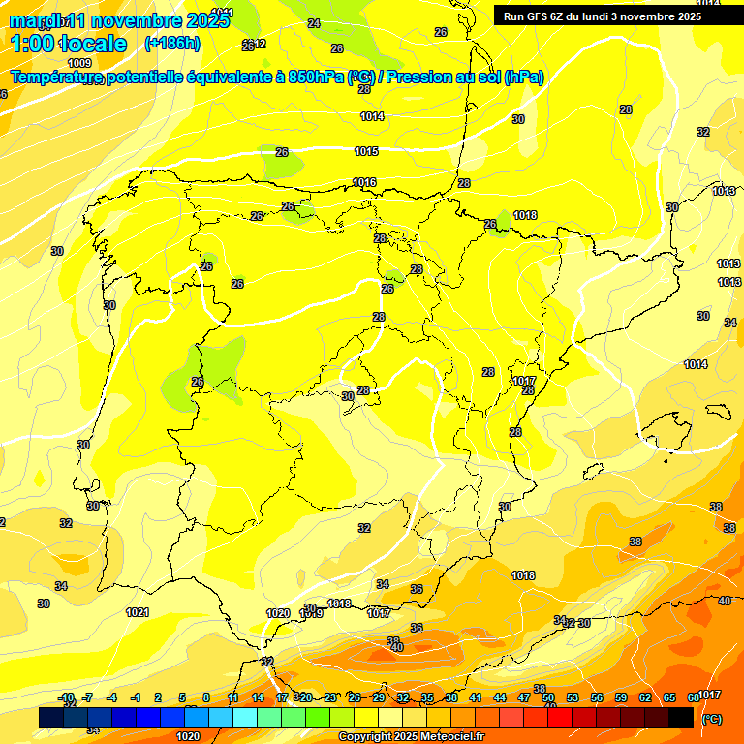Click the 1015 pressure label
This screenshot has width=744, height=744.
[366, 152]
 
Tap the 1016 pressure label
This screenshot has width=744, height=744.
[364, 183]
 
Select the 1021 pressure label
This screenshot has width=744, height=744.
[138, 612]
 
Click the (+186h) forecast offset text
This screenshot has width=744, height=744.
[171, 44]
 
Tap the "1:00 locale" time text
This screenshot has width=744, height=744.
[69, 44]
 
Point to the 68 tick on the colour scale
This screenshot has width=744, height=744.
[694, 697]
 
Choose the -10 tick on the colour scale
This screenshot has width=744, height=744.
[67, 697]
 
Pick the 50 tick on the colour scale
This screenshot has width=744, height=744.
[548, 697]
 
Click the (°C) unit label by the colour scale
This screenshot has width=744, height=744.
[712, 719]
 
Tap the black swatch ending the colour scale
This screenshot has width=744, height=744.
[681, 718]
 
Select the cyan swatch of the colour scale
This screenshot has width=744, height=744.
[245, 718]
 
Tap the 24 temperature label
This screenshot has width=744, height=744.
[314, 23]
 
